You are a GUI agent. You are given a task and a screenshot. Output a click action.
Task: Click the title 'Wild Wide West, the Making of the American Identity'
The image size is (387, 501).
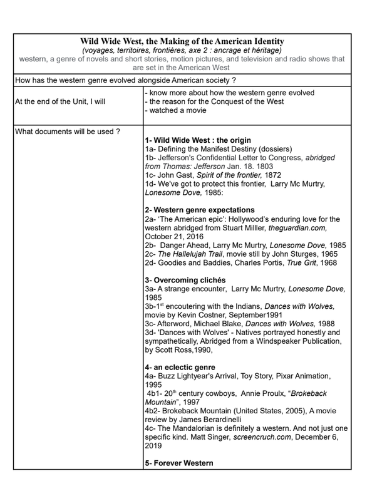click(x=182, y=41)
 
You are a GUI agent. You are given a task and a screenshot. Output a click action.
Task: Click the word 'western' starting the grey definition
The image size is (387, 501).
click(x=33, y=59)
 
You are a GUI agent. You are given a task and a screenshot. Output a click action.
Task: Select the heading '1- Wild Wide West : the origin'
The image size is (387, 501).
click(x=197, y=140)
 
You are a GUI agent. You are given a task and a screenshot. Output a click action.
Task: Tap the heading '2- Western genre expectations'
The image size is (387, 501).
click(x=199, y=210)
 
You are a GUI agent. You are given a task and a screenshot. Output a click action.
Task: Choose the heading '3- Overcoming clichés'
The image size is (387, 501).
click(x=185, y=279)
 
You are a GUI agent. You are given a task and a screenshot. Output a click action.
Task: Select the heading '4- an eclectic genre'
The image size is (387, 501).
click(x=180, y=367)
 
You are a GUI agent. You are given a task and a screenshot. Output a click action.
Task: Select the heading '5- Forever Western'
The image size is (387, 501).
click(x=178, y=463)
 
